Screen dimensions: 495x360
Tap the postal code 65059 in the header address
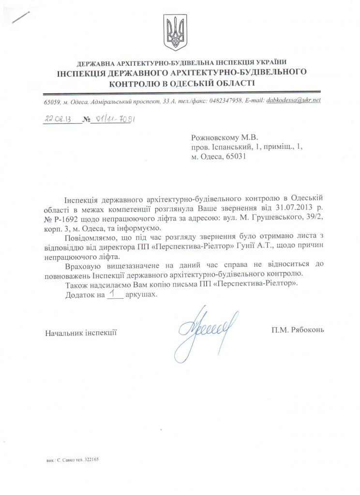51,101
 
